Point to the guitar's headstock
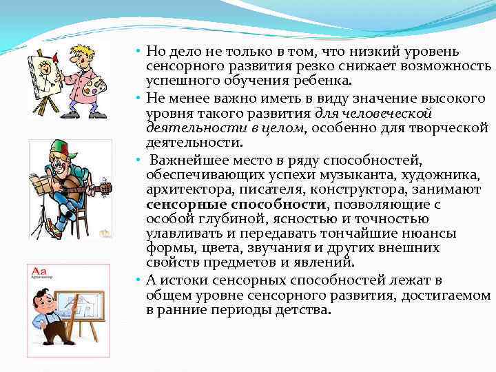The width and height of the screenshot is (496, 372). click(105, 187)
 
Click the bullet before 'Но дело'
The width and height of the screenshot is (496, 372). click(138, 52)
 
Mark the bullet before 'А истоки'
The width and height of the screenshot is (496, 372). click(138, 280)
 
